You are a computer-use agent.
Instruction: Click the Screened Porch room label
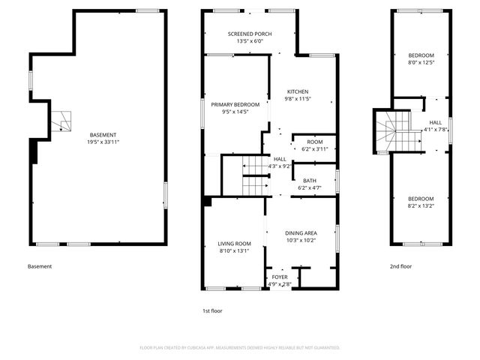250,34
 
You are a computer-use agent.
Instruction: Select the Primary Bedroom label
235,104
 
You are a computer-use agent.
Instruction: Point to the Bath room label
309,181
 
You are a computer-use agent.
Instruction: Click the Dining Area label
300,233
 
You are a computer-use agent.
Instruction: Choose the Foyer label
279,277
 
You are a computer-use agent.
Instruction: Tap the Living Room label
234,244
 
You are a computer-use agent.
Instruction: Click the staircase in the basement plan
61,118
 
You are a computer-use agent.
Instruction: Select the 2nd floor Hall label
435,122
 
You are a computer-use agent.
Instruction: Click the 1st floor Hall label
280,159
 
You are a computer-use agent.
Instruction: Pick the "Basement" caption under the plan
40,266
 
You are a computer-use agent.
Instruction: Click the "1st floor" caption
212,310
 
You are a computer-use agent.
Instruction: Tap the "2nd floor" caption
400,266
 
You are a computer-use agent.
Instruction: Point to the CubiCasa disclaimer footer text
240,347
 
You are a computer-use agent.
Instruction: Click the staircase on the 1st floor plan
255,175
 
